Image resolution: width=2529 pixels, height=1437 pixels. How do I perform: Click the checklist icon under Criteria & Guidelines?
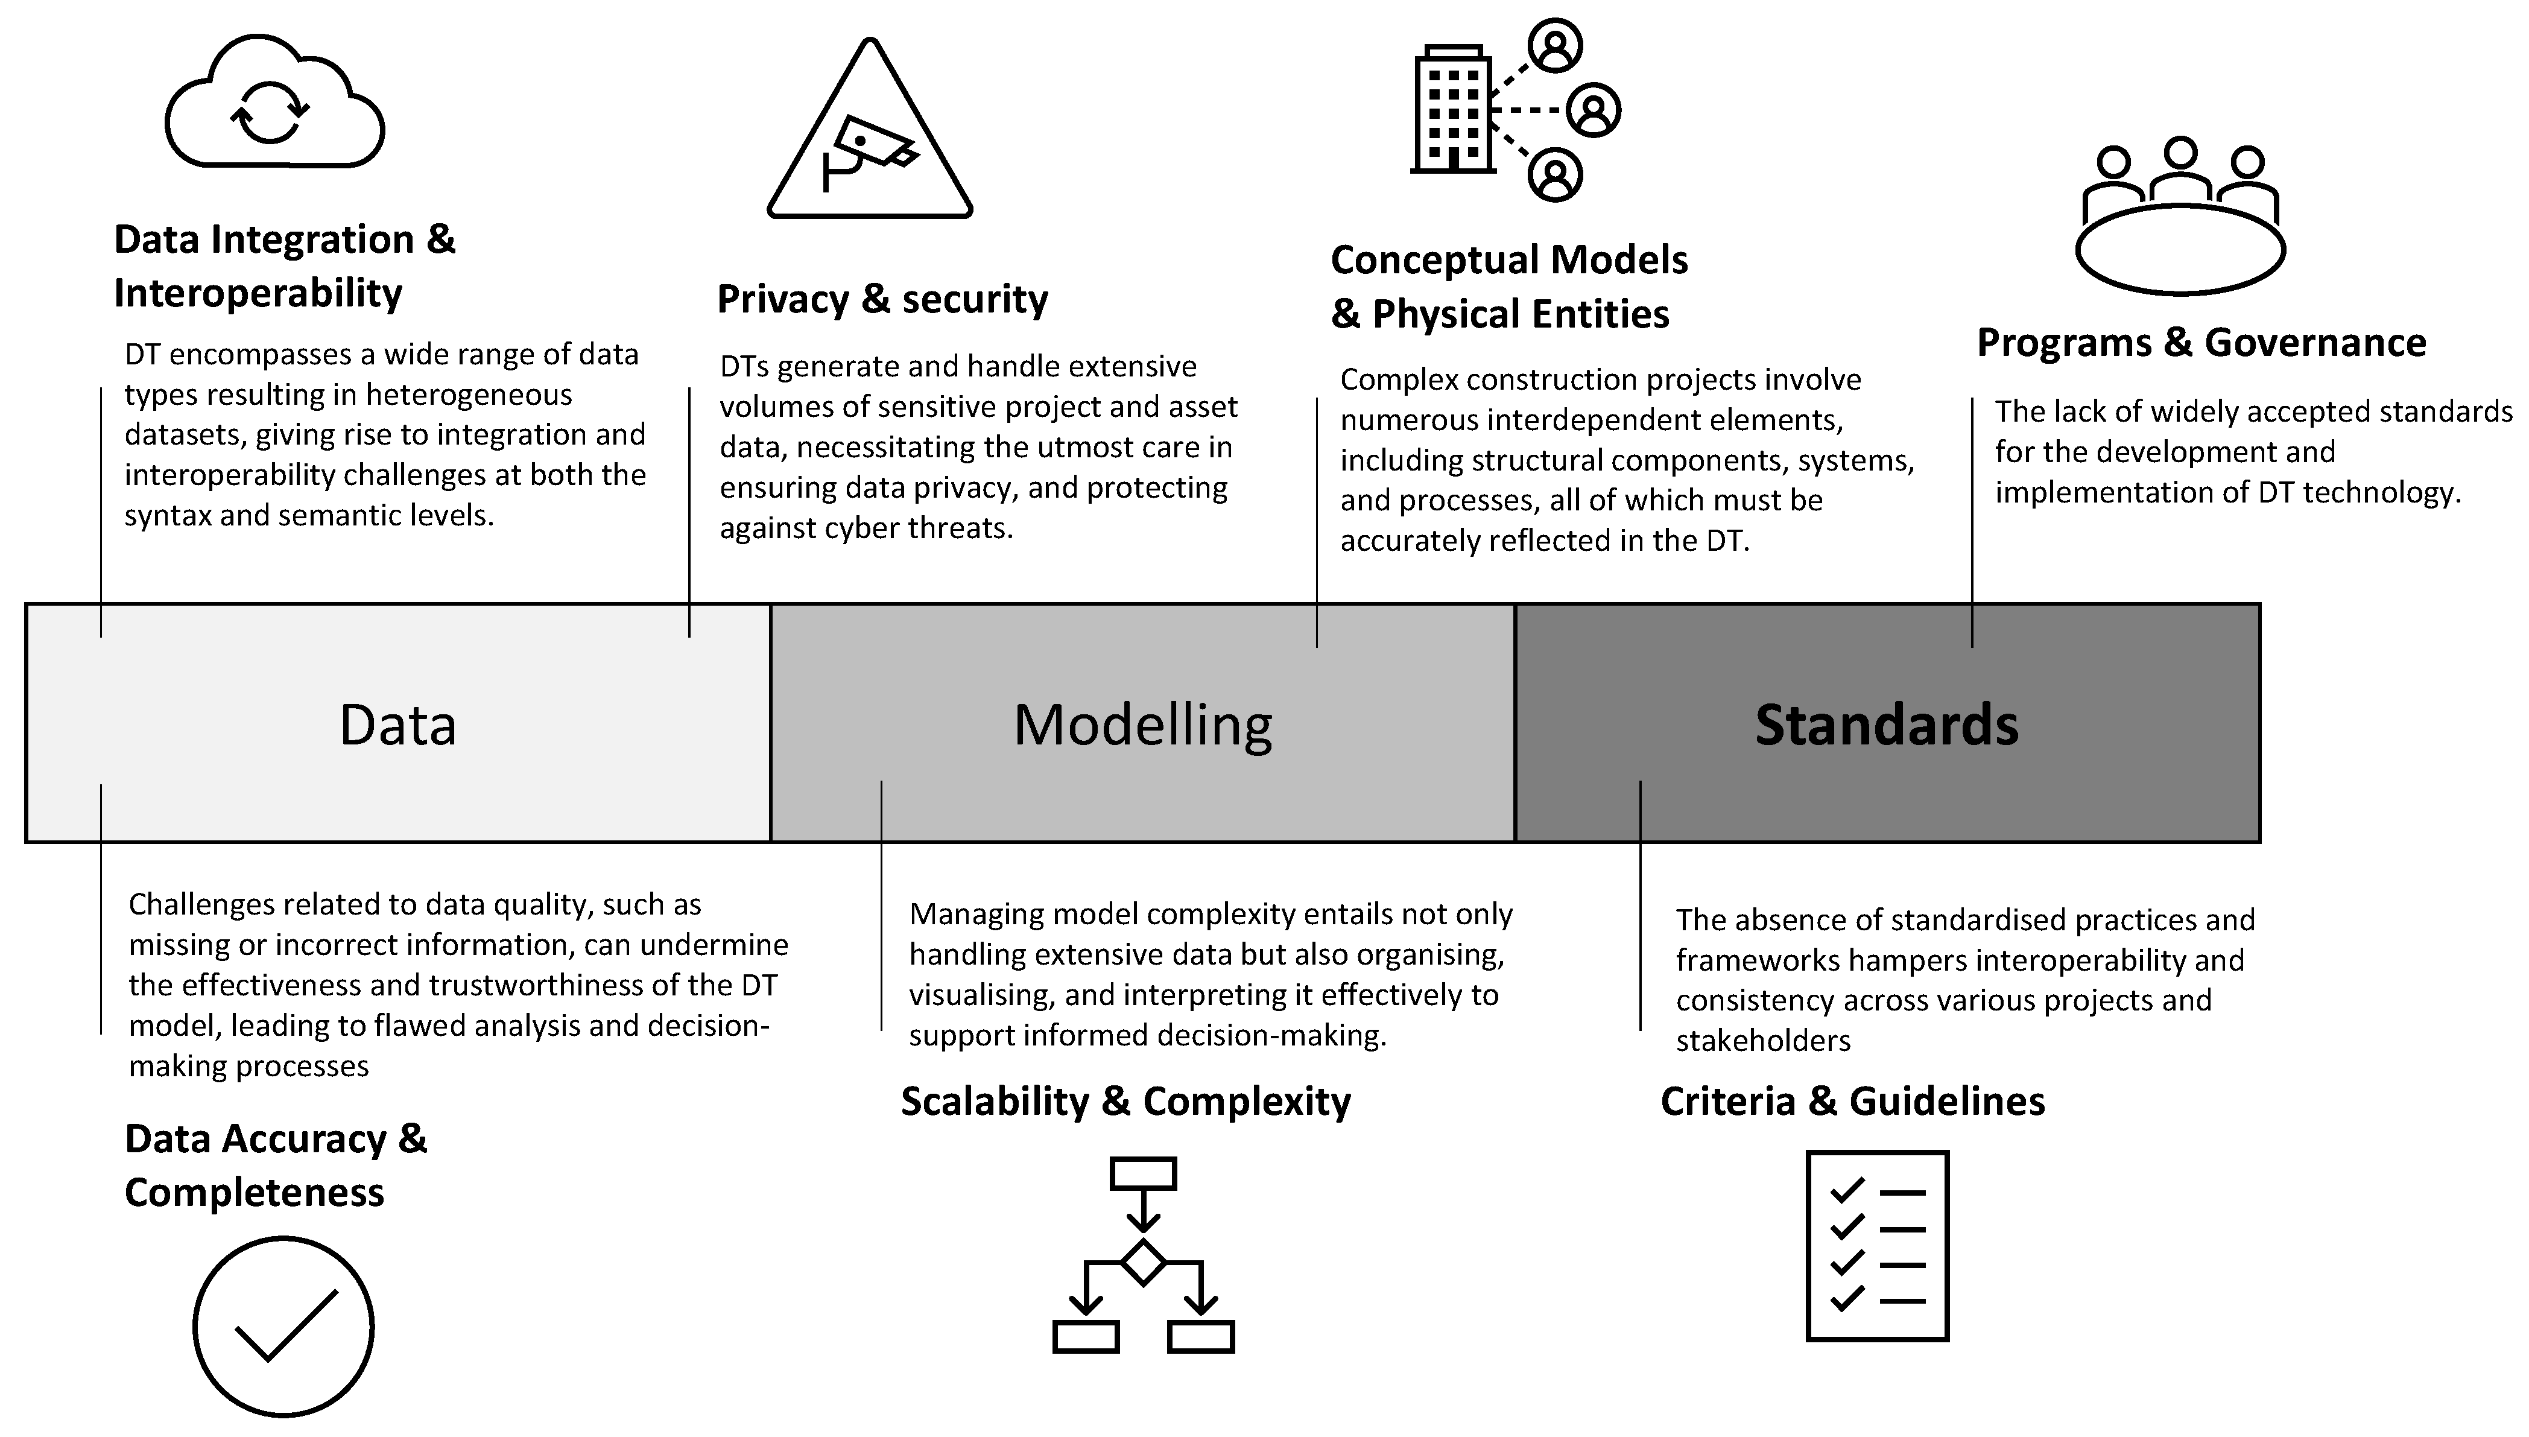click(x=1877, y=1246)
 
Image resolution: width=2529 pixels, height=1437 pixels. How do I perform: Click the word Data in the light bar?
click(x=397, y=725)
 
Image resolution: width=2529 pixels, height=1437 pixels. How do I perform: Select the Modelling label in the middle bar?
click(x=1142, y=725)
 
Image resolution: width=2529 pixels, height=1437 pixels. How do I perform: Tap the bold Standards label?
click(x=1885, y=725)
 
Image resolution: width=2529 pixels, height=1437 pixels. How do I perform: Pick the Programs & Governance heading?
click(x=2200, y=343)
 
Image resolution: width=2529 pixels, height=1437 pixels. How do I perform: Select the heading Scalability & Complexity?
click(x=1125, y=1102)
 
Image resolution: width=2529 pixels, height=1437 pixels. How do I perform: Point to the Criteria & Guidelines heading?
click(x=1852, y=1102)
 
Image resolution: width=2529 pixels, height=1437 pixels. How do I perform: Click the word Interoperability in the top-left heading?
click(x=258, y=293)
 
